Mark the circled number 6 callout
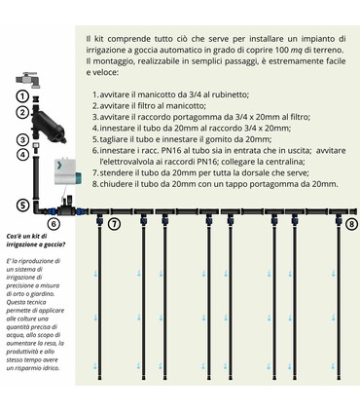click(x=54, y=224)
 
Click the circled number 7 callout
click(x=114, y=224)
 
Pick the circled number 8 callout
click(x=351, y=223)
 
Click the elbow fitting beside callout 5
click(x=38, y=206)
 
